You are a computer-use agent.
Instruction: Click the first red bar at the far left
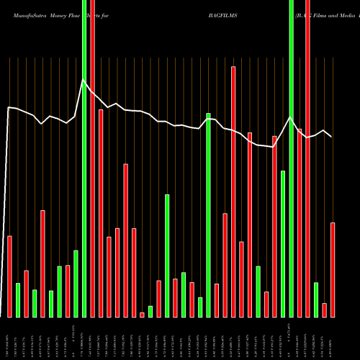coord(10,276)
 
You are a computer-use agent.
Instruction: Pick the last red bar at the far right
coord(333,270)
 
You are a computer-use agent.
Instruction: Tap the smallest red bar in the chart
coord(142,315)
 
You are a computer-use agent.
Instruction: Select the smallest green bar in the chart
coord(150,311)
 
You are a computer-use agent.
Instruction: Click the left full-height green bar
coord(84,158)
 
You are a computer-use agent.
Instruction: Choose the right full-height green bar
coord(291,158)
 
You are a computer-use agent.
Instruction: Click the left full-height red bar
coord(92,158)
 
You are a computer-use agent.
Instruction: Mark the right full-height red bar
coord(307,158)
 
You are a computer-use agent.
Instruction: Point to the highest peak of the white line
coord(84,80)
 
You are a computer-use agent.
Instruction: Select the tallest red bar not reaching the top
coord(233,192)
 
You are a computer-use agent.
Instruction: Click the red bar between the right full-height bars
coord(300,223)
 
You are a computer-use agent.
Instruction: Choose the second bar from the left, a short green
coord(18,300)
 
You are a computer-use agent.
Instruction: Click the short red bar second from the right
coord(324,310)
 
